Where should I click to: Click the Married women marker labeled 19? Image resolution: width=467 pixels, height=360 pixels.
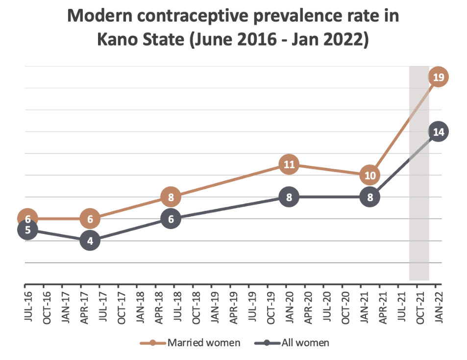pyautogui.click(x=438, y=77)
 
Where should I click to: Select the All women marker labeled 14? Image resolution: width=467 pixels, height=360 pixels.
pyautogui.click(x=438, y=132)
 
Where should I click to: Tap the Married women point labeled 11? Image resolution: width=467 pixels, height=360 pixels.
pyautogui.click(x=289, y=164)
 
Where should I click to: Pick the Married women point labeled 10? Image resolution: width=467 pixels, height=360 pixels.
pyautogui.click(x=370, y=175)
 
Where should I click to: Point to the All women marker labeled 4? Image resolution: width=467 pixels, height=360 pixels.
pyautogui.click(x=90, y=240)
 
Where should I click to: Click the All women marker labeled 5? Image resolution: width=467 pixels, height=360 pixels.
pyautogui.click(x=28, y=230)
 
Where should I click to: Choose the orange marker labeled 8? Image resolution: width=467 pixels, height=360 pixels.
pyautogui.click(x=171, y=197)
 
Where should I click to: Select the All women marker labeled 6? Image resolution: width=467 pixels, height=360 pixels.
pyautogui.click(x=171, y=219)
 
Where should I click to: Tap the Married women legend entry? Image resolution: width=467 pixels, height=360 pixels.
pyautogui.click(x=190, y=343)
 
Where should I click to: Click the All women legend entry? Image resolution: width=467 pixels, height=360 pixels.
pyautogui.click(x=292, y=343)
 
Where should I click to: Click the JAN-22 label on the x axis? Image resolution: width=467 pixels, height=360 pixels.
pyautogui.click(x=439, y=307)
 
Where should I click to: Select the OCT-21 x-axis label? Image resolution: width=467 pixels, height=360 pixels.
pyautogui.click(x=420, y=308)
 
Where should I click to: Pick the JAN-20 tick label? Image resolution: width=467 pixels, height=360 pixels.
pyautogui.click(x=290, y=307)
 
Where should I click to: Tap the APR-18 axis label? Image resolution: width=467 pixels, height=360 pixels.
pyautogui.click(x=159, y=308)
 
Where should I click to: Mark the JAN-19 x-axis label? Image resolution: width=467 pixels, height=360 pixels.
pyautogui.click(x=215, y=307)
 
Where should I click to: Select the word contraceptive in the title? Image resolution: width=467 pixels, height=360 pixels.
pyautogui.click(x=193, y=16)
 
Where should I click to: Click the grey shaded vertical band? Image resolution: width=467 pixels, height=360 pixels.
pyautogui.click(x=419, y=173)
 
